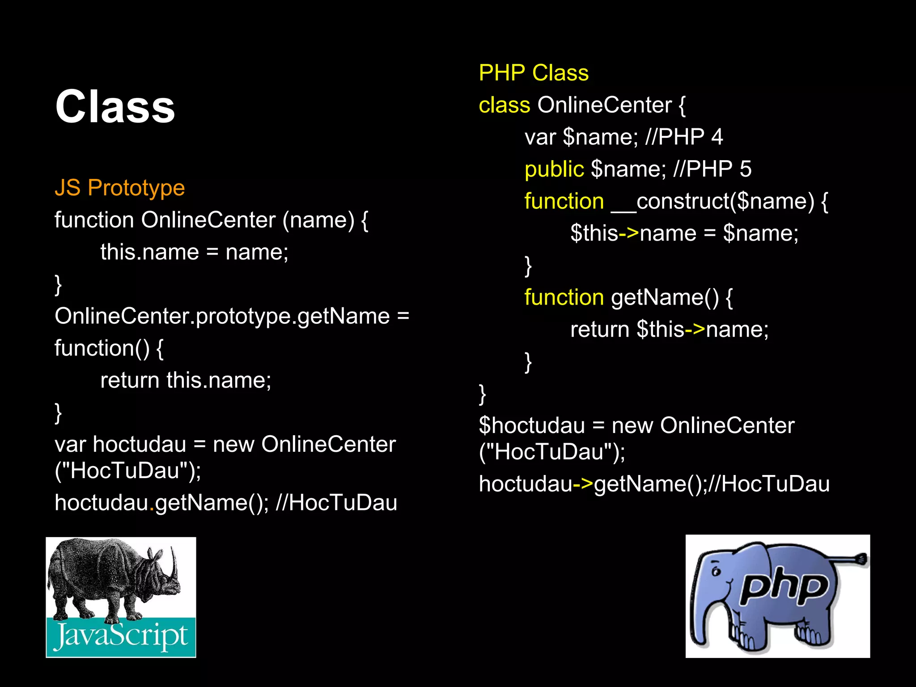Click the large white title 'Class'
(115, 106)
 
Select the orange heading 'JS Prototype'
(119, 187)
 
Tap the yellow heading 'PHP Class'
(534, 72)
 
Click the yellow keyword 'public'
(554, 169)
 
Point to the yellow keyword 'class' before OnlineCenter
(504, 105)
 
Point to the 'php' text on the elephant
(783, 586)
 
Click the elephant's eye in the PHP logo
(716, 571)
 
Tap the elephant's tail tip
(861, 559)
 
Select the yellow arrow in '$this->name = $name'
(629, 233)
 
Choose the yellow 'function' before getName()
(564, 297)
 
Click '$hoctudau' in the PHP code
(531, 425)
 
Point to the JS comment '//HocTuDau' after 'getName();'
(336, 503)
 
